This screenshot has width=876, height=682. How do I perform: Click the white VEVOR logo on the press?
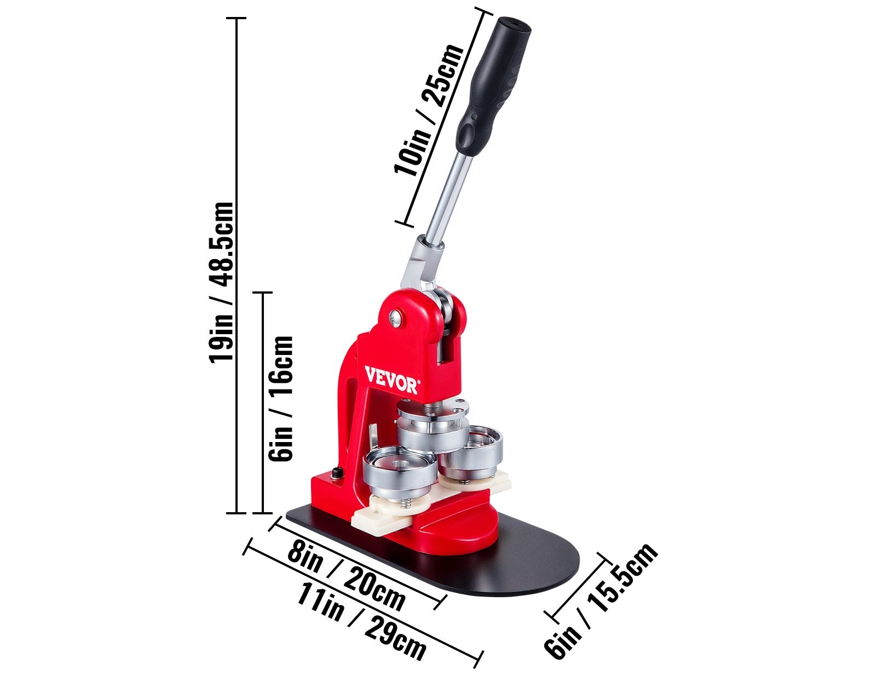[x=390, y=380]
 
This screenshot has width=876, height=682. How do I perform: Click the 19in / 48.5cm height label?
[x=221, y=283]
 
